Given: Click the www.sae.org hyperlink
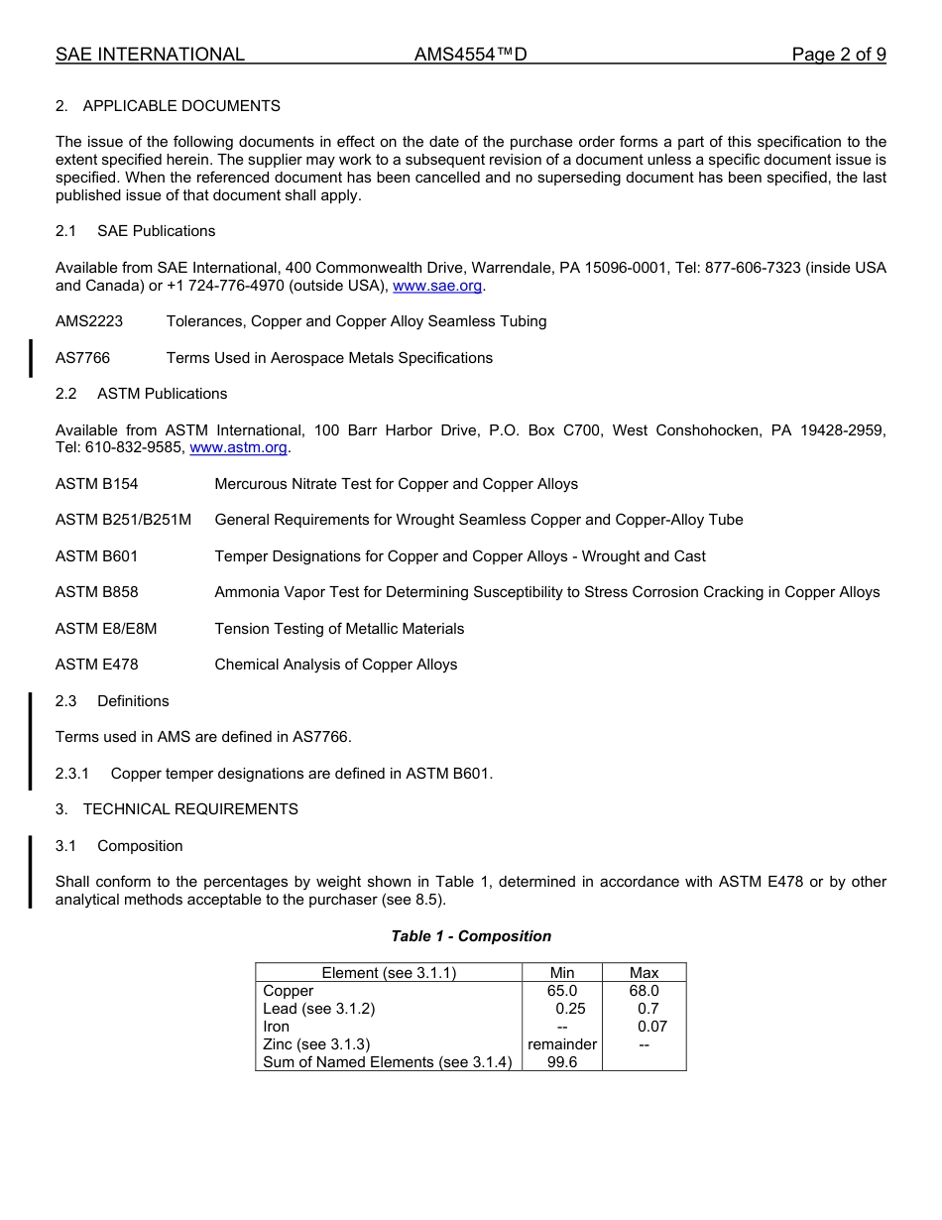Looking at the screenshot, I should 437,286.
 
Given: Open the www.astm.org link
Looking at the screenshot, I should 238,447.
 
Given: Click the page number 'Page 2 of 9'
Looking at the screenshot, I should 838,55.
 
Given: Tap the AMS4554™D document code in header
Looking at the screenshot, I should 470,55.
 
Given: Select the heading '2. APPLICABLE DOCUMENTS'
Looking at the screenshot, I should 168,106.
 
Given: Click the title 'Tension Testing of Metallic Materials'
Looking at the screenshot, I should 339,629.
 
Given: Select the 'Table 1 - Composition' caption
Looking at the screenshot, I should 471,936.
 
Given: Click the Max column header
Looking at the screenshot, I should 644,973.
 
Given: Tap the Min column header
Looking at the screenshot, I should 562,973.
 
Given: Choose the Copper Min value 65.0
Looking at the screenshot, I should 562,991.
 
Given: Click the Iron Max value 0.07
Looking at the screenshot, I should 651,1027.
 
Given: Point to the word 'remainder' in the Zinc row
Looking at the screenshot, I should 562,1044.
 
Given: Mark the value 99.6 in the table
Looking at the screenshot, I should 562,1062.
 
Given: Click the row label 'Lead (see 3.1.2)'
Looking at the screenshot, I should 319,1009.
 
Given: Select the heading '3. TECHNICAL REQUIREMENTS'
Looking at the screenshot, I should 177,809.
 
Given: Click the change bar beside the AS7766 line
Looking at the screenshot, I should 31,358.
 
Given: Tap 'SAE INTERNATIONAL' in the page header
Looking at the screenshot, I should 150,55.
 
